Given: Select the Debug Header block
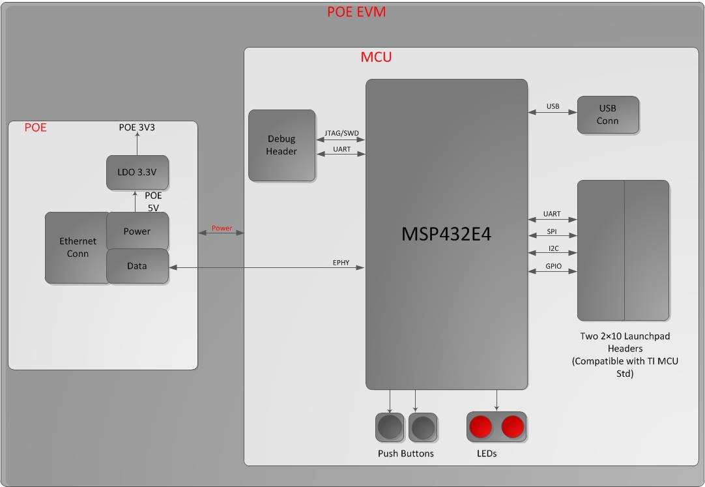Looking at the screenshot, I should [281, 145].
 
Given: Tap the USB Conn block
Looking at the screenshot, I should [608, 115].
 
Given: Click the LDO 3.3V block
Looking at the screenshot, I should [137, 173].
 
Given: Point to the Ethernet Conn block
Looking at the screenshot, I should [77, 247].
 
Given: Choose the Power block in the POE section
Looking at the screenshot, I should [137, 231].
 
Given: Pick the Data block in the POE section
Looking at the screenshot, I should [137, 266].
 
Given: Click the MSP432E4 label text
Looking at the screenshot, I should [446, 235].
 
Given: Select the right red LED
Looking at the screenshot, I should [513, 427].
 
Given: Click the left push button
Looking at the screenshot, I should [390, 428].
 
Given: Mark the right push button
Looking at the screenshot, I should [422, 428].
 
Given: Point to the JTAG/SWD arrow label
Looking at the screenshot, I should [341, 133].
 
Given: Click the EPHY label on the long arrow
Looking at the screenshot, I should [341, 263].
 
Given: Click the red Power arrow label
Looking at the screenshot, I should [222, 228].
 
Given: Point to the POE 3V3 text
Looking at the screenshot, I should [136, 128].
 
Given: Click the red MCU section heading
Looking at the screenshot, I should [376, 57].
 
